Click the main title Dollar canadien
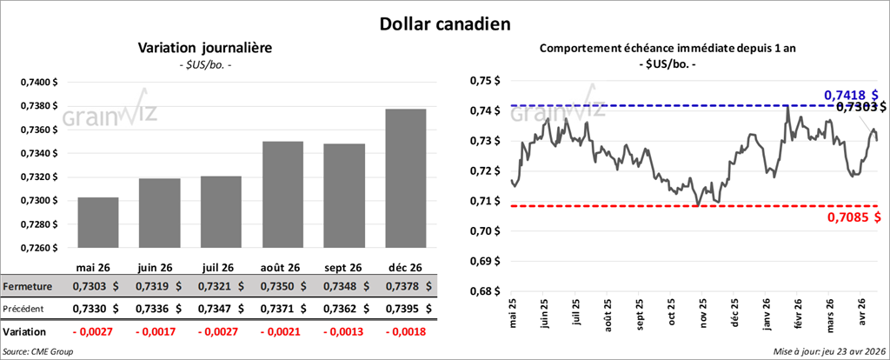[x=444, y=23]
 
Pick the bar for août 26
[x=282, y=194]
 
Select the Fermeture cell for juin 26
[x=159, y=286]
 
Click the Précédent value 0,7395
[x=405, y=308]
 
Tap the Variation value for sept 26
[x=343, y=332]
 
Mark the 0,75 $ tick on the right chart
[x=486, y=81]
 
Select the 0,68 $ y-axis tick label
[x=486, y=291]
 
